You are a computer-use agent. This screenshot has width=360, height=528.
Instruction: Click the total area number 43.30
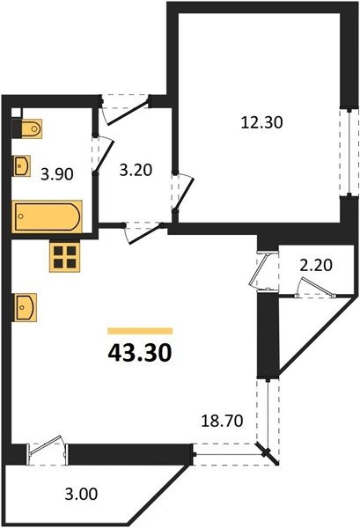[140, 353]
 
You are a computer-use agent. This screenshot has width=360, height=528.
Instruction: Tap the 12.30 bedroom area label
[261, 122]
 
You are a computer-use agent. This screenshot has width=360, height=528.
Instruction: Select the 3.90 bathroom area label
[57, 174]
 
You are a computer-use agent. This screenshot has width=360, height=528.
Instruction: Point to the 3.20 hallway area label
[136, 170]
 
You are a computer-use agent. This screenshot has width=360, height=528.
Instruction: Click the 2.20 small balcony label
[316, 266]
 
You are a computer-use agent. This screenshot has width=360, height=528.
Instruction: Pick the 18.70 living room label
[222, 421]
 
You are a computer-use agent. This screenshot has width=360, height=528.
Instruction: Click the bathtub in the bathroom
[47, 216]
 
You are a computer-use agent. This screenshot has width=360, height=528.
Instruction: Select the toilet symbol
[26, 128]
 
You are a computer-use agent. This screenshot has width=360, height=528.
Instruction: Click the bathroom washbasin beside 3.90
[21, 165]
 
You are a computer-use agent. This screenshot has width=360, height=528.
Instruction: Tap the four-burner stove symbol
[64, 257]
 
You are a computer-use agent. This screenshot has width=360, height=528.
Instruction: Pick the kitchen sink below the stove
[25, 307]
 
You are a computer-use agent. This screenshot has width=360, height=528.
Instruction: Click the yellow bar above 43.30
[140, 331]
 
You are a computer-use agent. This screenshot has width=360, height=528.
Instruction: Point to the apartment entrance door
[125, 111]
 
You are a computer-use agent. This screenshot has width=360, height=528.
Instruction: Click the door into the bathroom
[103, 155]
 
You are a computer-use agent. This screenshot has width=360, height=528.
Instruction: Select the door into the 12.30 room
[184, 193]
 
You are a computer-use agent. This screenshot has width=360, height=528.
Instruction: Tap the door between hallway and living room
[144, 232]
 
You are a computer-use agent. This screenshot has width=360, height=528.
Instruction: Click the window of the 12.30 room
[349, 151]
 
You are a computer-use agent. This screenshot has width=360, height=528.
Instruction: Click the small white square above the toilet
[17, 113]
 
